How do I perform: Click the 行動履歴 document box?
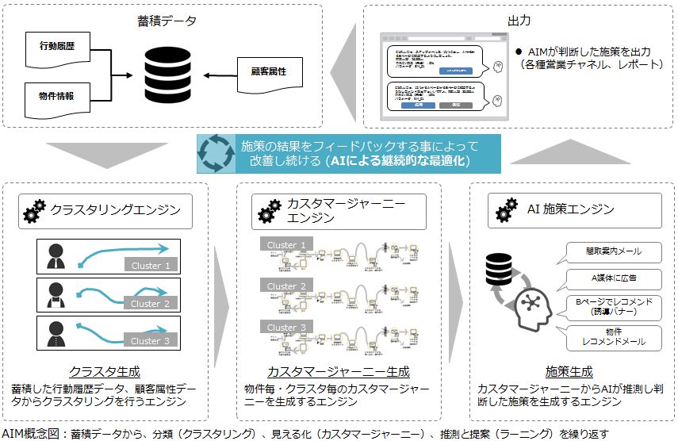56,48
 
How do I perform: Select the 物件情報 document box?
56,96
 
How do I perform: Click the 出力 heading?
519,18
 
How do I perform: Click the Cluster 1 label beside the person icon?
151,266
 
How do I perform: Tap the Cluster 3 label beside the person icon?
151,341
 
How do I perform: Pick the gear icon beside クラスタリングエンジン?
35,211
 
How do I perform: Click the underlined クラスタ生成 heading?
104,371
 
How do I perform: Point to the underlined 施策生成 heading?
569,371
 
